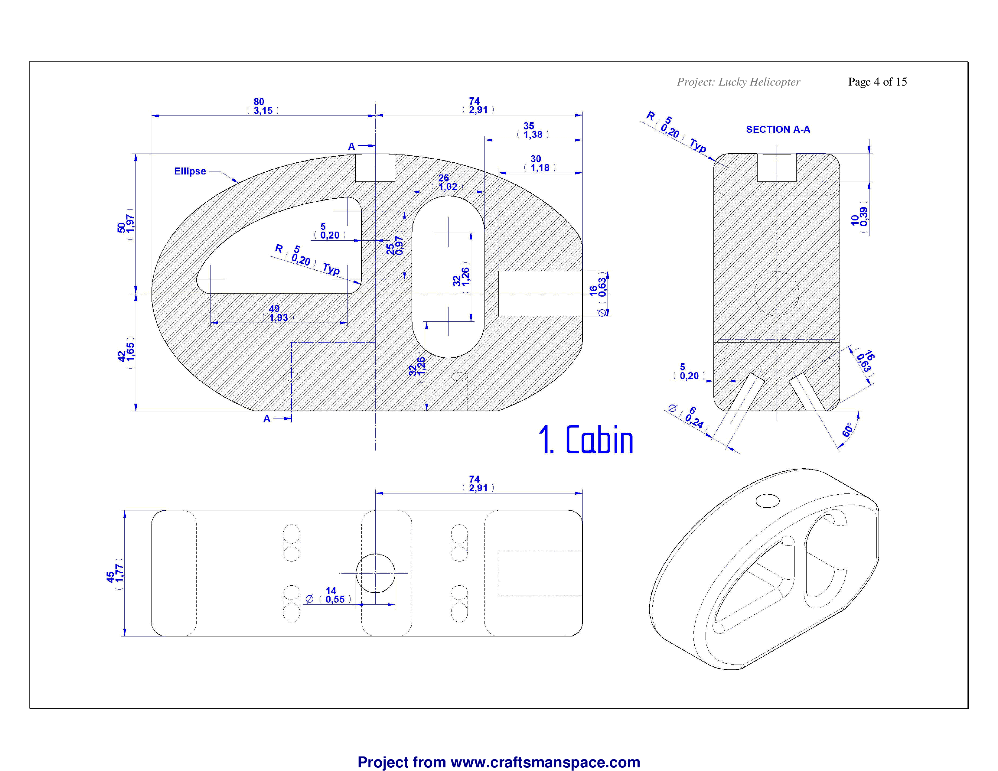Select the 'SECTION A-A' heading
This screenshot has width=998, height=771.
coord(778,130)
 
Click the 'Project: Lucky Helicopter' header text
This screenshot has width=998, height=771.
coord(739,82)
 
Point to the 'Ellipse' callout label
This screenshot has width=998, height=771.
coord(190,171)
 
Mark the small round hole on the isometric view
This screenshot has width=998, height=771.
coord(767,501)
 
